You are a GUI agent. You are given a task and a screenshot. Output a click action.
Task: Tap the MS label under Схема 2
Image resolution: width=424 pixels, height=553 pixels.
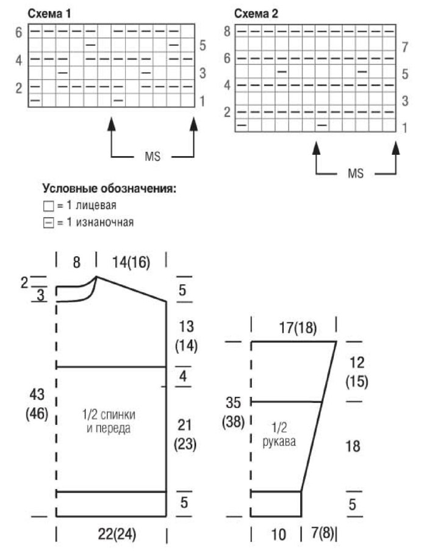tap(355, 174)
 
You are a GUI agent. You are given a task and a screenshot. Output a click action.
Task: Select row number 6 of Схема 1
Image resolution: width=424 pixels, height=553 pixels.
tap(19, 32)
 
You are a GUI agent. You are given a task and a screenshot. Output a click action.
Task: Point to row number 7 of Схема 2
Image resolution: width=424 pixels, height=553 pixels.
tap(404, 46)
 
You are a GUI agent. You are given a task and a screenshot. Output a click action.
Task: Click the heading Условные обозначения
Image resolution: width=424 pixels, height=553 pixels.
tap(109, 190)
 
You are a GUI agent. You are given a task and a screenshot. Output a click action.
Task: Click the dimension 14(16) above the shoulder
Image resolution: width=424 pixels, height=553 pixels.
tap(132, 262)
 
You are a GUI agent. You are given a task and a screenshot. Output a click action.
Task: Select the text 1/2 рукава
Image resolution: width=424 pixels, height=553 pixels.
tap(281, 437)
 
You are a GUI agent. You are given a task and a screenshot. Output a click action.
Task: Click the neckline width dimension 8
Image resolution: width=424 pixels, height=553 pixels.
tap(76, 262)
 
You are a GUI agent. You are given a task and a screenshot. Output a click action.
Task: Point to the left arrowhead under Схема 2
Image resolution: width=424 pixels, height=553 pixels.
tap(316, 148)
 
